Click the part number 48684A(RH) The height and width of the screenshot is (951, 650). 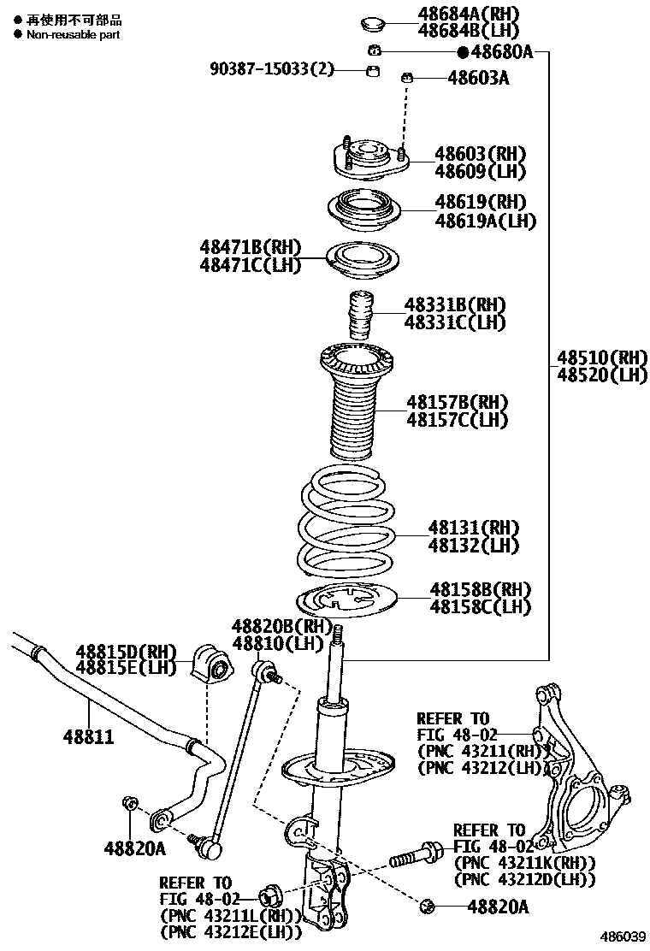tap(469, 14)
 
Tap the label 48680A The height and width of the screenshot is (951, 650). tap(500, 52)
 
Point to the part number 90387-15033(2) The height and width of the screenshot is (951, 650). tap(272, 69)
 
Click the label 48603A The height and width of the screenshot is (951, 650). tap(478, 79)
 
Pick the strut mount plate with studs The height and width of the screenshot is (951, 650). tap(369, 159)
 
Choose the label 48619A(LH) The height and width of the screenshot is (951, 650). tap(485, 221)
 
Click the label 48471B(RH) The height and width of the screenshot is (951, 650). tap(251, 248)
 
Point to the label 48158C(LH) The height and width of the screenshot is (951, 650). tap(480, 607)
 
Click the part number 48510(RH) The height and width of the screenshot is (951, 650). tap(602, 357)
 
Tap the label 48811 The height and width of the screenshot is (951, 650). tap(87, 735)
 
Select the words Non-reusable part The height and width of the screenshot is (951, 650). tap(73, 35)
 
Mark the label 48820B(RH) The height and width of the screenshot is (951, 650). tap(281, 626)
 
